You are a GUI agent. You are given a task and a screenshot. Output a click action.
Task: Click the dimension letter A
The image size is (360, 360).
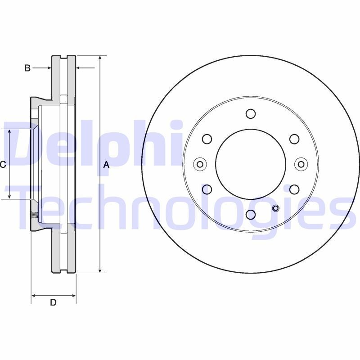click(x=106, y=165)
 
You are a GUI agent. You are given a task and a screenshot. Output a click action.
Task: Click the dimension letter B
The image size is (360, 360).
click(x=27, y=68)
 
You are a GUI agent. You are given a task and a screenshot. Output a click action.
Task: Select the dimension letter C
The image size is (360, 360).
click(x=3, y=164)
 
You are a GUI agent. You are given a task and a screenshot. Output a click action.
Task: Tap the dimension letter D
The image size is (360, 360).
click(x=53, y=302)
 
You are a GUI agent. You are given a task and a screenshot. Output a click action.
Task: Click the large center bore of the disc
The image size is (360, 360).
click(x=251, y=164)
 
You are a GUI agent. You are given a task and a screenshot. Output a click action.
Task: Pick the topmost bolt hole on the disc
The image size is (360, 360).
click(x=251, y=114)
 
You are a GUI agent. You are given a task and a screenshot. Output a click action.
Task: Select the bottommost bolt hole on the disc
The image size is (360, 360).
click(x=251, y=215)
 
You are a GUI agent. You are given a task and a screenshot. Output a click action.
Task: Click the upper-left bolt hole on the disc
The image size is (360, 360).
click(x=207, y=139)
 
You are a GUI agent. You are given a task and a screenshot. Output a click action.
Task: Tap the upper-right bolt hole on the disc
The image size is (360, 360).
click(x=294, y=139)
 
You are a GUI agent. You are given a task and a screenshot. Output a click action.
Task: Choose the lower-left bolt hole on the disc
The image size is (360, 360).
click(x=207, y=189)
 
